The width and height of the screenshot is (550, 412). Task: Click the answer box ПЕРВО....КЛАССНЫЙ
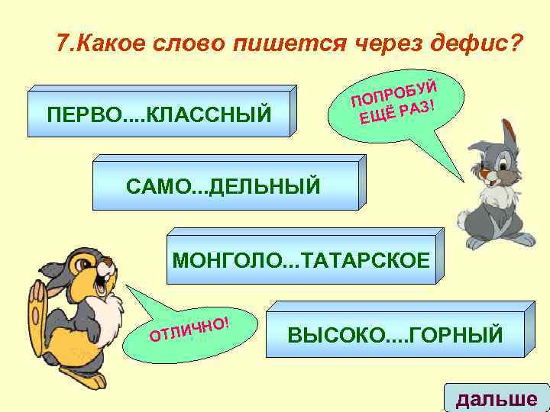159,114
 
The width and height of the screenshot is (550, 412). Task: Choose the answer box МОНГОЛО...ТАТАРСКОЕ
302,258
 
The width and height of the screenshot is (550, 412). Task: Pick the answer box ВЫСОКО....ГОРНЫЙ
395,334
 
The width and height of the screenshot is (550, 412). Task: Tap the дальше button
496,398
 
